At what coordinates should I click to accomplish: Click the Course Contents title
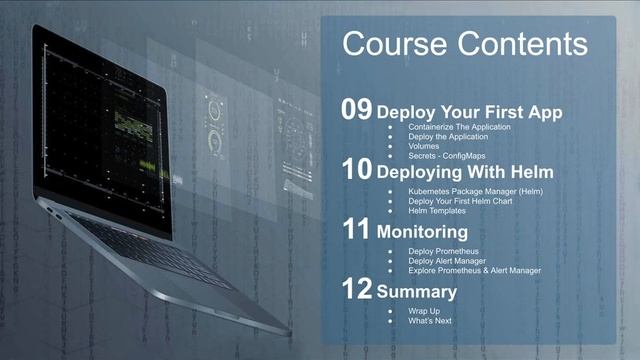point(465,44)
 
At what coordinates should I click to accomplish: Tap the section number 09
point(357,111)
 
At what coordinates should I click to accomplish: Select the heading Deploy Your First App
point(469,112)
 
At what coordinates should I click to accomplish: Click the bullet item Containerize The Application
point(459,128)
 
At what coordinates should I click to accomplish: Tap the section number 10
point(357,171)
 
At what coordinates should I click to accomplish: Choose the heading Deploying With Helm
point(465,172)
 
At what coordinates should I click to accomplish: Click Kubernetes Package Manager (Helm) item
point(475,191)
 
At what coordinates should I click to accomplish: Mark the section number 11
point(357,230)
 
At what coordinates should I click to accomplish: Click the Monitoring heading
point(422,231)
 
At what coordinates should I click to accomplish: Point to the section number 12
point(357,290)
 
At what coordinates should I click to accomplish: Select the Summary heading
point(417,292)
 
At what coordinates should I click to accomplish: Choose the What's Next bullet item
point(430,321)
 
